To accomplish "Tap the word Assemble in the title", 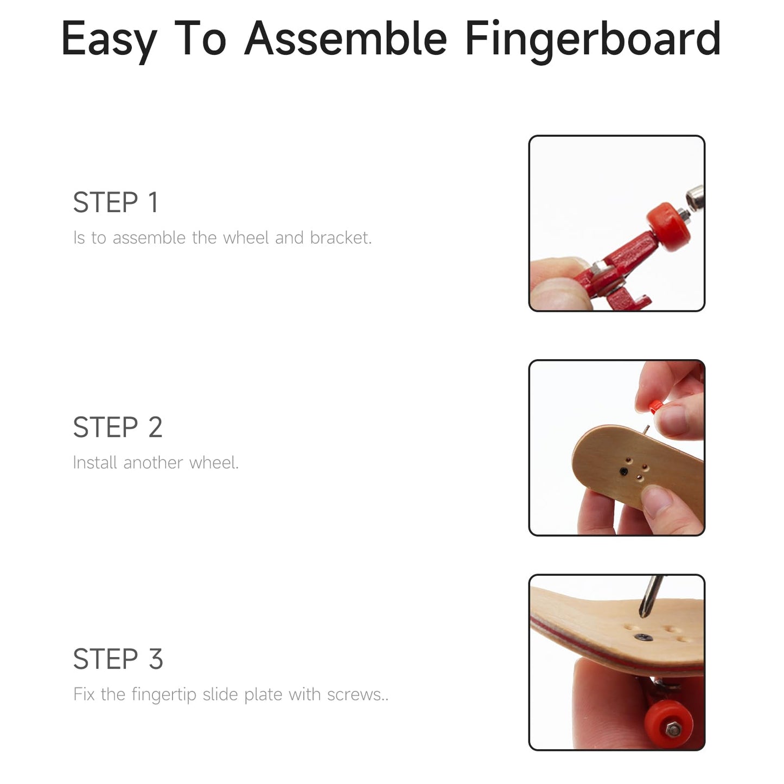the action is pos(346,38).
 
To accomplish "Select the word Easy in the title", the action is pos(109,41).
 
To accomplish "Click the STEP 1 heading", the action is pos(116,202).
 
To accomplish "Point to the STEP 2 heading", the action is pos(118,427).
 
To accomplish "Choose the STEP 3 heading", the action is pos(118,659).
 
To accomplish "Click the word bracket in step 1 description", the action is pos(340,238).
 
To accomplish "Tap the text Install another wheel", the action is pos(155,463).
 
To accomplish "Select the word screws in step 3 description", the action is pos(358,694).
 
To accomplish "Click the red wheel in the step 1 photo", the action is pos(668,227).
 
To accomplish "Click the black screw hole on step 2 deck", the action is pos(624,471).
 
